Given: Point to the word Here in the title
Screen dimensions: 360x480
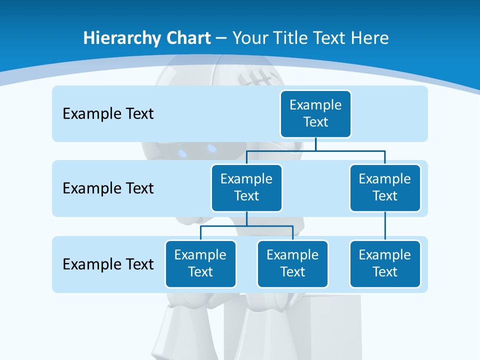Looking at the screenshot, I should pyautogui.click(x=368, y=38).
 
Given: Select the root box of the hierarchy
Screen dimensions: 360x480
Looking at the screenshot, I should pyautogui.click(x=315, y=113).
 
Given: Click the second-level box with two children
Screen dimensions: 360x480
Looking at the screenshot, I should pyautogui.click(x=246, y=187).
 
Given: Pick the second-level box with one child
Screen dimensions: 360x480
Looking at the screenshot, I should pyautogui.click(x=385, y=187).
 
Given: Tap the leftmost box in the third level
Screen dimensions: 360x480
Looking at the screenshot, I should pyautogui.click(x=200, y=263).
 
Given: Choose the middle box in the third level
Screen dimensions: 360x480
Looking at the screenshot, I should pyautogui.click(x=292, y=263).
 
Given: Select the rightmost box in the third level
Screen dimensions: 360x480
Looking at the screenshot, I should pyautogui.click(x=385, y=263).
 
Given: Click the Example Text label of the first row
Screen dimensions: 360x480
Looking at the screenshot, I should pyautogui.click(x=108, y=113).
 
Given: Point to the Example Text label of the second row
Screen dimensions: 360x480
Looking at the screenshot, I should pyautogui.click(x=108, y=188).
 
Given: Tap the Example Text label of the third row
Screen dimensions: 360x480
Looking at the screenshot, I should pyautogui.click(x=108, y=264).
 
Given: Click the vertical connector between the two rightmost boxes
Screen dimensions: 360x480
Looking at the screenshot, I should pyautogui.click(x=385, y=225).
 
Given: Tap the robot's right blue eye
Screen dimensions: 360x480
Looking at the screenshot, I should pyautogui.click(x=212, y=148).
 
